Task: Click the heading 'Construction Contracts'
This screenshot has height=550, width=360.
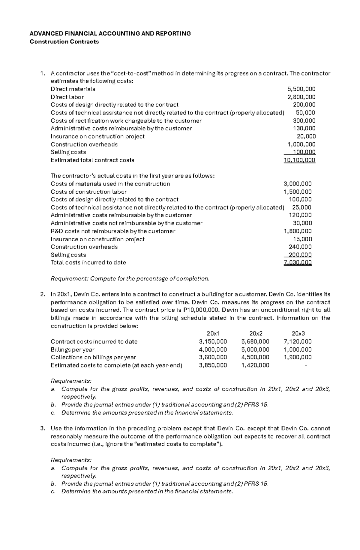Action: pos(64,42)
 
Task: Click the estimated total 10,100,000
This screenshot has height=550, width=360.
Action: pos(299,160)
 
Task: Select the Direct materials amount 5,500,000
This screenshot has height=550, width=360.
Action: pos(301,89)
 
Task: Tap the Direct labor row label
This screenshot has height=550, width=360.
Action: pos(67,97)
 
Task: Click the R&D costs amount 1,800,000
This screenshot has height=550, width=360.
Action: pos(298,231)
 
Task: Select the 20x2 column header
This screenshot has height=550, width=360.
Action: pos(256,334)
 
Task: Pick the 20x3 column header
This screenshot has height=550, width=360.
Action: pos(298,334)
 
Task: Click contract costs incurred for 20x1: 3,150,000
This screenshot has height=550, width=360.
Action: pos(213,342)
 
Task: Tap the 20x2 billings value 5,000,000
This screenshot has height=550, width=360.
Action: pos(255,349)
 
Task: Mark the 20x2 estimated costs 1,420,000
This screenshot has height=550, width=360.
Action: pos(255,365)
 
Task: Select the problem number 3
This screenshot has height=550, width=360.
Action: pos(42,428)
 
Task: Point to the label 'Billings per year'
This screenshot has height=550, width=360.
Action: pos(73,349)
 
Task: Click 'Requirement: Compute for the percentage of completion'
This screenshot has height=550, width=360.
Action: pos(130,279)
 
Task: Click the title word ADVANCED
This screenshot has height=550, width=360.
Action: pos(45,34)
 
